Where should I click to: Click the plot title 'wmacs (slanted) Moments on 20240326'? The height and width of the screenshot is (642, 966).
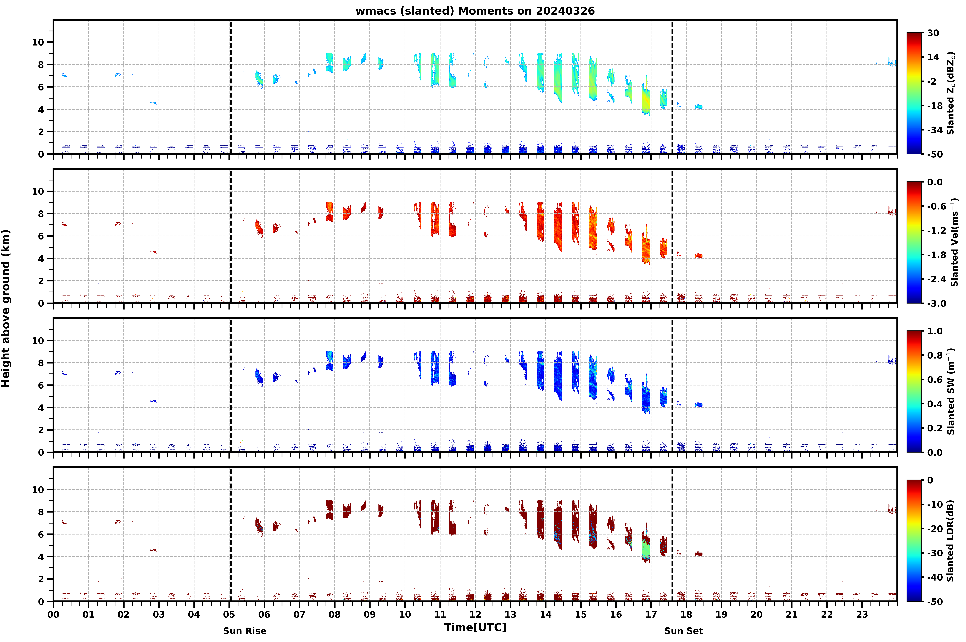[x=475, y=11]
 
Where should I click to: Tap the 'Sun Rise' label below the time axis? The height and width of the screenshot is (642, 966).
[x=244, y=631]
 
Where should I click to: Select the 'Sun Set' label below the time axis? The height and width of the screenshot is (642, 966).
[x=683, y=631]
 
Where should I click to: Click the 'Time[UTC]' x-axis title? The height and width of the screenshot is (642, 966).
[x=475, y=627]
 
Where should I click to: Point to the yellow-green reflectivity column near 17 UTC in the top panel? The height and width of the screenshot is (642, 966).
[x=646, y=98]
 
